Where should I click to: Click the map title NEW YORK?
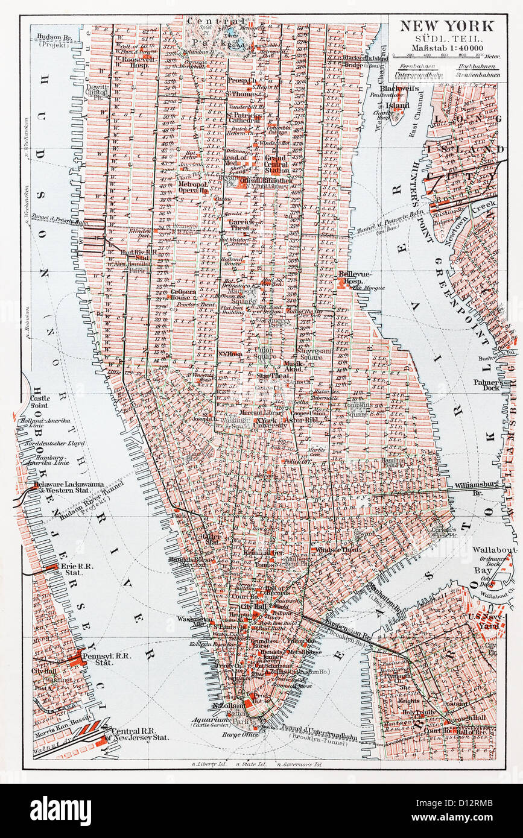448,25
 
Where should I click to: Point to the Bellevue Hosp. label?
353,277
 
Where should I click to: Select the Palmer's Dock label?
487,386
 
